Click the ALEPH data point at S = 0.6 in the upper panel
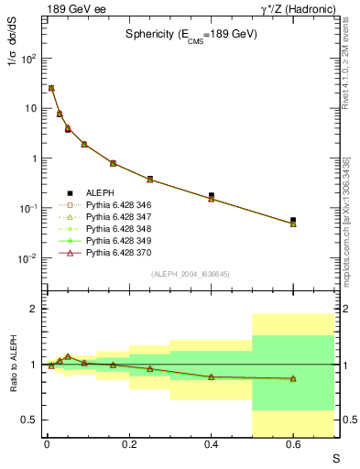click(293, 220)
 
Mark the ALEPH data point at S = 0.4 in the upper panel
click(212, 195)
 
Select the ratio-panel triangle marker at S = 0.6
click(293, 378)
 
